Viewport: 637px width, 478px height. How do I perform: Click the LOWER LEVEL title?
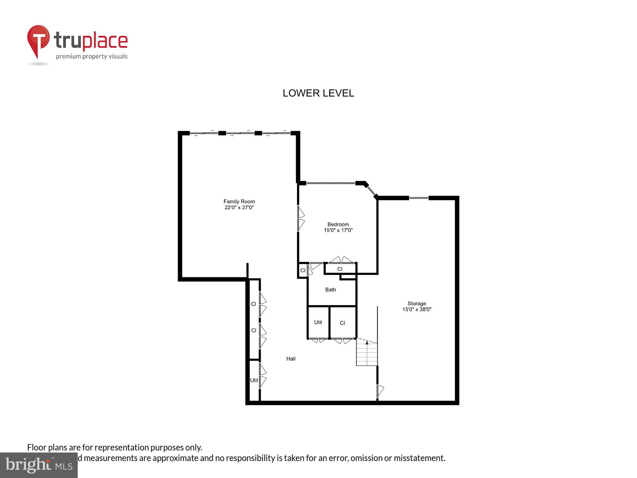(318, 93)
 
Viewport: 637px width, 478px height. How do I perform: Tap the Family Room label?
(239, 201)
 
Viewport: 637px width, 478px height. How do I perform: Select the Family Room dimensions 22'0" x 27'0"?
(239, 207)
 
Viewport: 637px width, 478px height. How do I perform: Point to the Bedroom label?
(338, 224)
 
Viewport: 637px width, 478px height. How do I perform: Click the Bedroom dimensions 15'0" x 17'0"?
(338, 230)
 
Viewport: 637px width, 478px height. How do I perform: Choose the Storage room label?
(417, 303)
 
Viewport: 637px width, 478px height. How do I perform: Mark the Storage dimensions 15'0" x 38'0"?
(417, 309)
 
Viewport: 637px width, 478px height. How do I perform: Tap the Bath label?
(330, 290)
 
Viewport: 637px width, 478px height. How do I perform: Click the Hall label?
(291, 359)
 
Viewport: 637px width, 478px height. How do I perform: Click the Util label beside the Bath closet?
(318, 322)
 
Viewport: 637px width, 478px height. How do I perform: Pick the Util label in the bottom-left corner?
(254, 380)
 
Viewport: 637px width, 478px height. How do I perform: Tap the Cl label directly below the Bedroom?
(340, 269)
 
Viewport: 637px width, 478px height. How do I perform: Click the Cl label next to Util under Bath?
(342, 323)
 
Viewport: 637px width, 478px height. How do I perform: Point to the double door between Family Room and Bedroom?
(300, 218)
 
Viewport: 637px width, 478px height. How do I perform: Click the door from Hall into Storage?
(380, 391)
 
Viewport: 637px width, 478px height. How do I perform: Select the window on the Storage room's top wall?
(419, 198)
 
